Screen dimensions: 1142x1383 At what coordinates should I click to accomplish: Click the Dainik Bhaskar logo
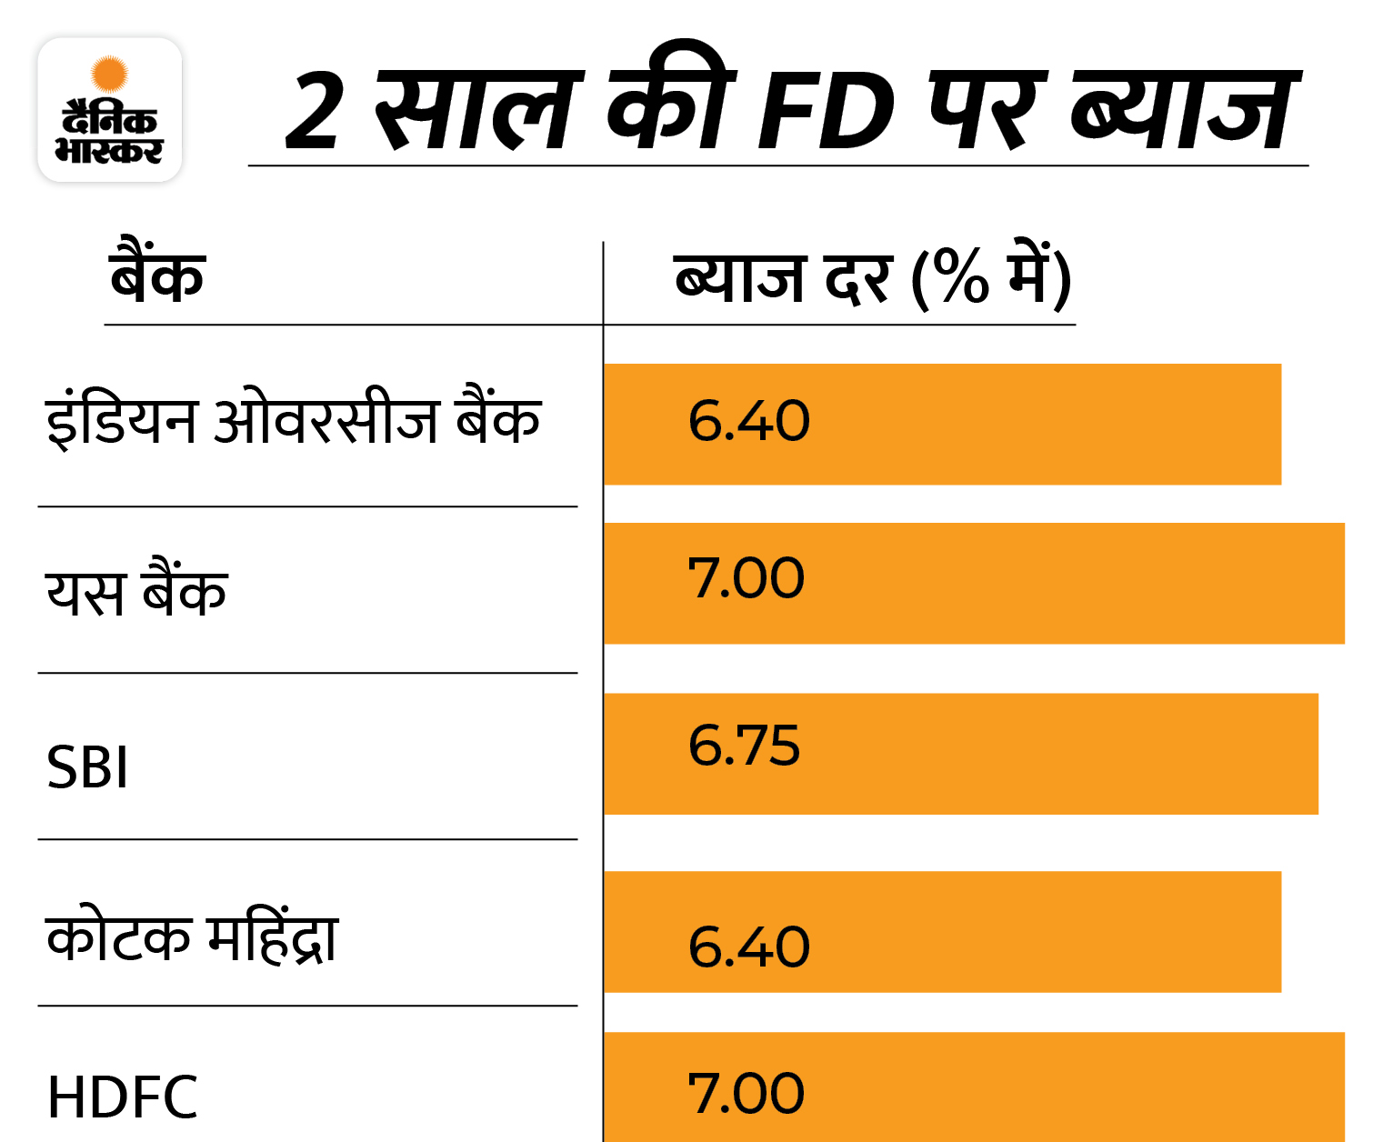[x=109, y=110]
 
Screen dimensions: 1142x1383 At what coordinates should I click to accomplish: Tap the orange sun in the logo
[x=110, y=73]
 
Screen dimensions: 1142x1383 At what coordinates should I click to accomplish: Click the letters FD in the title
[x=826, y=113]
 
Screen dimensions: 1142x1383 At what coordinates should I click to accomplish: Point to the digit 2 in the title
[x=315, y=113]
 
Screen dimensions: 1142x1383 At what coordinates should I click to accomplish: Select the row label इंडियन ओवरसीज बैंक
[x=293, y=420]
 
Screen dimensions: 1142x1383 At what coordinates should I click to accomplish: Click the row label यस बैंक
[x=136, y=591]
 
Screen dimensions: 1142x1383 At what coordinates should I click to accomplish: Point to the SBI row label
[x=87, y=766]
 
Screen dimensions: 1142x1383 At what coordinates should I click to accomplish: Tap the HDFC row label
[x=122, y=1097]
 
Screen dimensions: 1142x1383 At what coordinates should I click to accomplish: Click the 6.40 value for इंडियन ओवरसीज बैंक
[x=748, y=421]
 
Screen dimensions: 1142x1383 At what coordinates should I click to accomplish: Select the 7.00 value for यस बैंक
[x=746, y=578]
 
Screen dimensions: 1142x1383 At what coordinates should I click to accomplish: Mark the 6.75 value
[x=744, y=746]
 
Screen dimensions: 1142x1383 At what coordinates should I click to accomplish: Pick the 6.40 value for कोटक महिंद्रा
[x=748, y=947]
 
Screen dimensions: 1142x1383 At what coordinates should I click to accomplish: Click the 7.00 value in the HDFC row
[x=746, y=1093]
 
